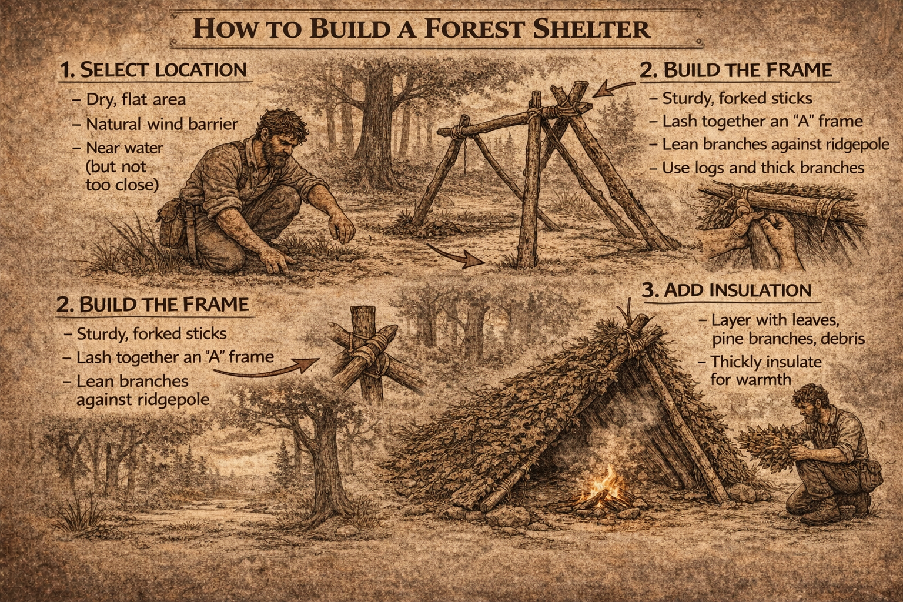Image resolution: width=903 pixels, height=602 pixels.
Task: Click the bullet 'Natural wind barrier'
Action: click(162, 124)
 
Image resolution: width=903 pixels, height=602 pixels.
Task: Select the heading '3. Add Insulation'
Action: click(726, 290)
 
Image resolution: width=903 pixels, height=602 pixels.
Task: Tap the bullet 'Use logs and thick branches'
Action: click(762, 168)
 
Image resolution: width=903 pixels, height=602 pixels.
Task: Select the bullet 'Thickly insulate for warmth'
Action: click(765, 370)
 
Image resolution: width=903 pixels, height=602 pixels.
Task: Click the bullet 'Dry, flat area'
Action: click(136, 99)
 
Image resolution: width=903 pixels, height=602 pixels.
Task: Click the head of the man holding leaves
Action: click(809, 403)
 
